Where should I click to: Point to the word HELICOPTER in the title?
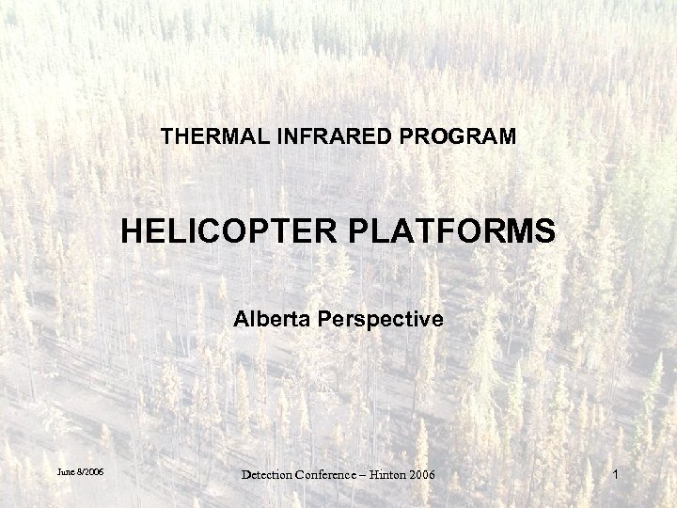[x=226, y=230]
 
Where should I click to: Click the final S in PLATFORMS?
[x=544, y=230]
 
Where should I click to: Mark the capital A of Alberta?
[x=241, y=320]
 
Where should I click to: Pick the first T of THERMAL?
[x=166, y=136]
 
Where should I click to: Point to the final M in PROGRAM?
[x=508, y=136]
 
